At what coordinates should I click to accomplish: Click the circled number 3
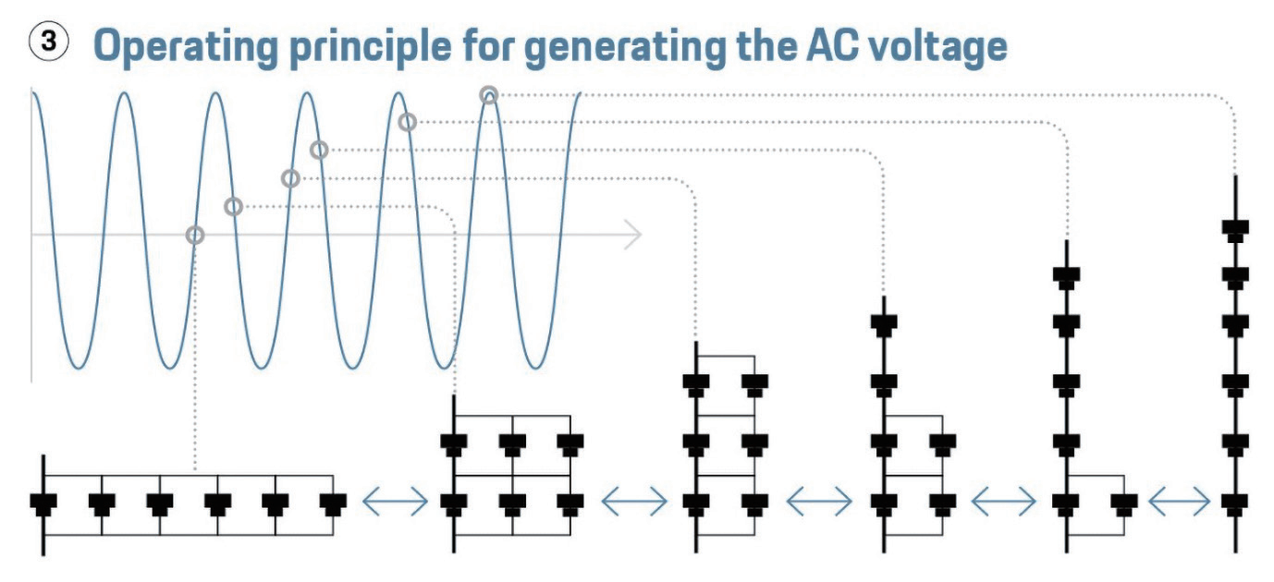pyautogui.click(x=48, y=42)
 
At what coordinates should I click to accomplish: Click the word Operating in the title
pyautogui.click(x=186, y=47)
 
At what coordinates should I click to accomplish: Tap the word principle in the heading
pyautogui.click(x=371, y=47)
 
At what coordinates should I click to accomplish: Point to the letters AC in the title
pyautogui.click(x=833, y=45)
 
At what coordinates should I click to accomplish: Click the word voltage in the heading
pyautogui.click(x=939, y=47)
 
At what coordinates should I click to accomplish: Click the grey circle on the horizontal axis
pyautogui.click(x=195, y=235)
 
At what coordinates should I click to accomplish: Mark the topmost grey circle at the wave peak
pyautogui.click(x=489, y=95)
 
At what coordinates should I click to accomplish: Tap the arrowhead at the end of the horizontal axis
pyautogui.click(x=633, y=234)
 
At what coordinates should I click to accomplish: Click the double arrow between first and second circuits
pyautogui.click(x=396, y=502)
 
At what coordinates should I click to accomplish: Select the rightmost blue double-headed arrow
pyautogui.click(x=1180, y=502)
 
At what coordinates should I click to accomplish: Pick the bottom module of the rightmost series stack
pyautogui.click(x=1235, y=504)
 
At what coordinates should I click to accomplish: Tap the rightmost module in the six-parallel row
pyautogui.click(x=333, y=504)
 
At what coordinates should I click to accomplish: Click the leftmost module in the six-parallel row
pyautogui.click(x=43, y=504)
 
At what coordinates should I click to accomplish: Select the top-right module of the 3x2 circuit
pyautogui.click(x=570, y=444)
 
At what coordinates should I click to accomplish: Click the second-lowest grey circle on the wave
pyautogui.click(x=233, y=206)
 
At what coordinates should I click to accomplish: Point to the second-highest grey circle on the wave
pyautogui.click(x=407, y=122)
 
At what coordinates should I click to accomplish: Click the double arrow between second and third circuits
pyautogui.click(x=634, y=502)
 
